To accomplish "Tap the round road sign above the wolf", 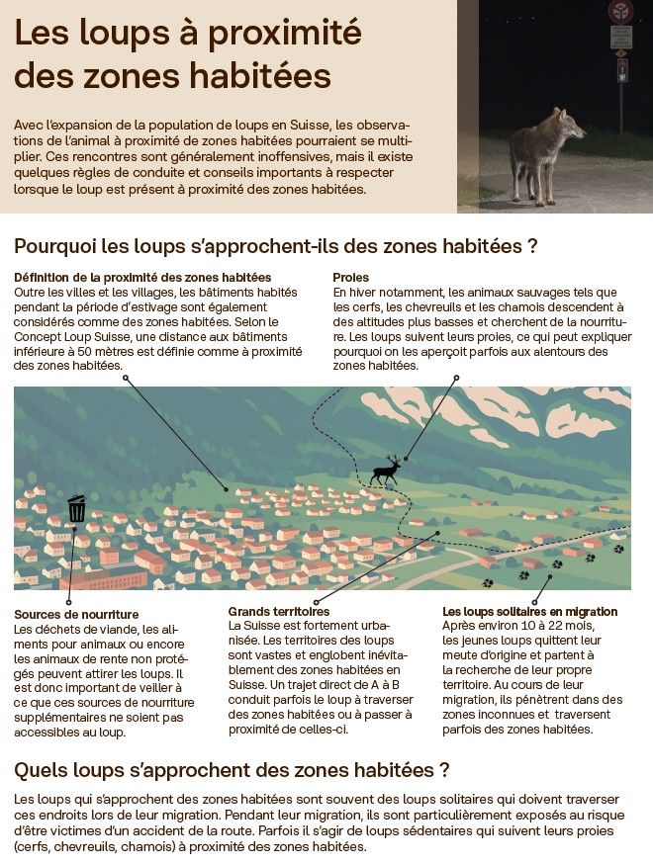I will click(x=619, y=11).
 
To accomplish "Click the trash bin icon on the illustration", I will click(x=76, y=509).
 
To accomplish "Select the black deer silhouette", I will click(x=386, y=471).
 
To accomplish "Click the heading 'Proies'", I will click(x=351, y=278).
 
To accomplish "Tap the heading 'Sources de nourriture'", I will click(x=76, y=615).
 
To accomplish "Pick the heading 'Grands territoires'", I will click(x=278, y=612).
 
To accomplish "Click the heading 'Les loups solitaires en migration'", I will click(x=529, y=612).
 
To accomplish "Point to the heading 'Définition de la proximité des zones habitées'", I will click(x=142, y=278).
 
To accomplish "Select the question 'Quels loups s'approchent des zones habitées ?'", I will click(x=233, y=769).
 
